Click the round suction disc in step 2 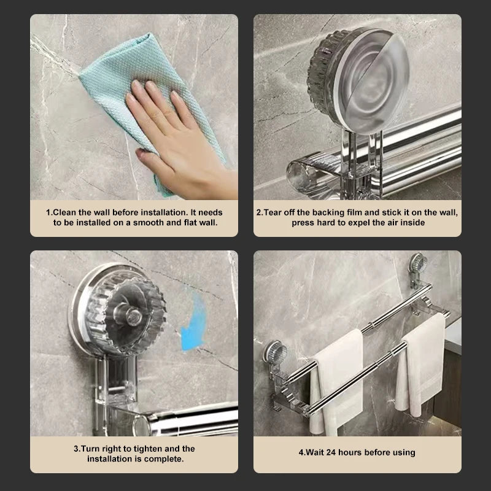click(368, 80)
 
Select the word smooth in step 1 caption click(147, 222)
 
